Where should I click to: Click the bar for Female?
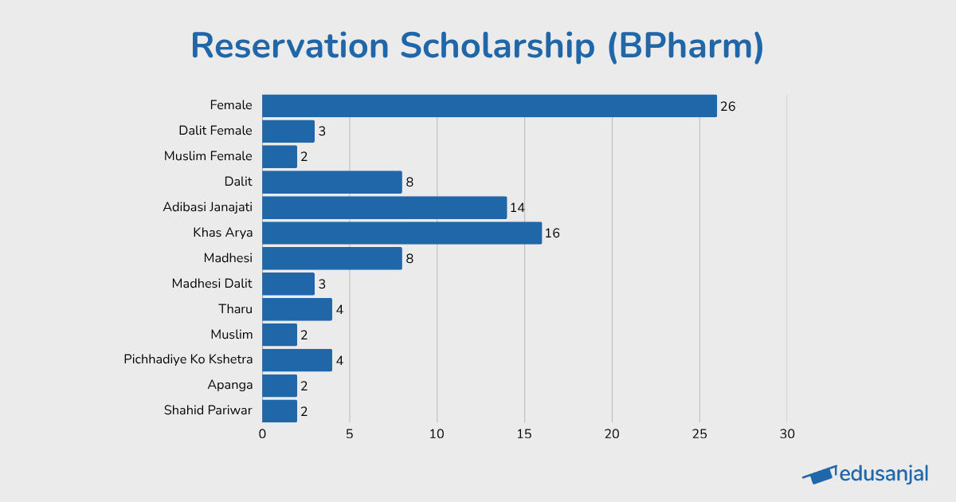pos(489,106)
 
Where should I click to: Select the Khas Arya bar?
pos(402,233)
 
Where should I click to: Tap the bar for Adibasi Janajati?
pos(384,207)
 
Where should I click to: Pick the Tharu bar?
pos(297,309)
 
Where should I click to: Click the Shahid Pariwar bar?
pos(280,411)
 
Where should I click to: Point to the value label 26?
pos(727,106)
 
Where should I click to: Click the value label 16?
pos(552,233)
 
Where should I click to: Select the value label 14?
pos(517,208)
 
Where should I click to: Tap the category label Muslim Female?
pos(208,156)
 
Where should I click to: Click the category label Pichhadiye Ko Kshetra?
pos(188,359)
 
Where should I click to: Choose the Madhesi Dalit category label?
pos(212,283)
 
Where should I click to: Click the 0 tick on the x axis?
pos(262,434)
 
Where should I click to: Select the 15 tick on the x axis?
pos(524,434)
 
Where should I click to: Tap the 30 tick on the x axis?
pos(786,434)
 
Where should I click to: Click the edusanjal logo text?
pos(884,474)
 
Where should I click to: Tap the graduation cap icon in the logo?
pos(820,474)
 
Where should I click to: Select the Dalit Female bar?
pos(288,131)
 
